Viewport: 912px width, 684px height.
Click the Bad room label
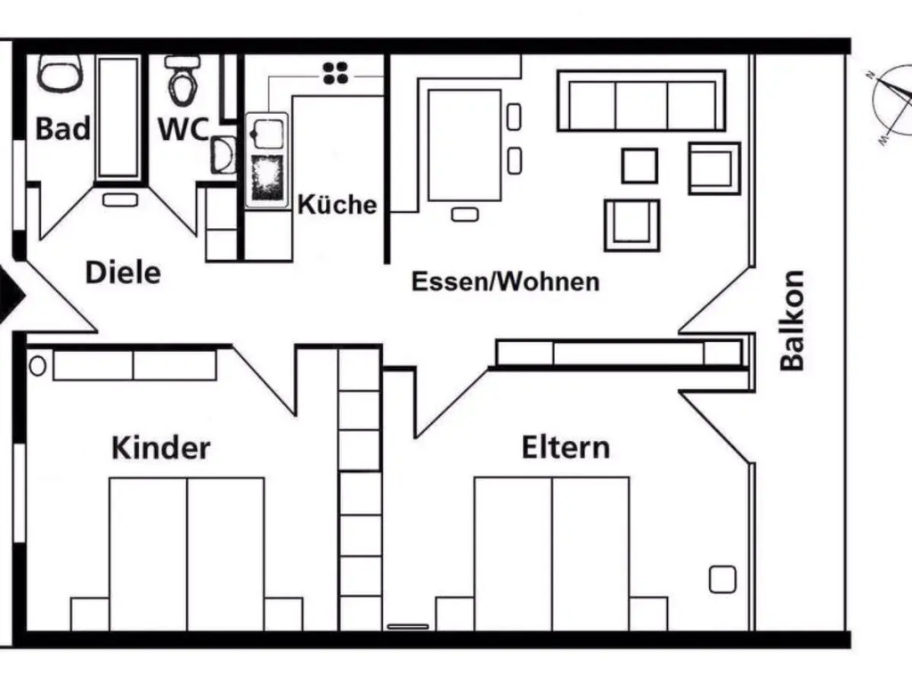click(63, 128)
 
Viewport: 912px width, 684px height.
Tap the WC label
click(183, 129)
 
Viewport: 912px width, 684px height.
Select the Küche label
click(338, 204)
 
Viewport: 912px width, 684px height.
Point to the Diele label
click(123, 273)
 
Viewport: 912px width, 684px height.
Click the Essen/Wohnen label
click(506, 281)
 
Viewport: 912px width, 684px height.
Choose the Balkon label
click(792, 321)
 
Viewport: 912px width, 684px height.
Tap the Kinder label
click(160, 448)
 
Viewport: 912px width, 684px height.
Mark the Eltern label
click(566, 447)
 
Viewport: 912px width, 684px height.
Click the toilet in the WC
click(183, 80)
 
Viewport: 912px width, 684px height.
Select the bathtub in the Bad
click(118, 118)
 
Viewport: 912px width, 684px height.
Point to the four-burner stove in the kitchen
click(336, 73)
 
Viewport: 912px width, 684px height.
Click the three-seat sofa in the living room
click(641, 101)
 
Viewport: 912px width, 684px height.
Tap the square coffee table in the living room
click(639, 166)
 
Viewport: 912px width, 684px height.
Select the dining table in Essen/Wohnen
click(464, 145)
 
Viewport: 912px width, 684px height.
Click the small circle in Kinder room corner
click(37, 366)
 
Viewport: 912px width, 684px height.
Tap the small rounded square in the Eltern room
click(722, 579)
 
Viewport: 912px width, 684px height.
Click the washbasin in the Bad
click(59, 74)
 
